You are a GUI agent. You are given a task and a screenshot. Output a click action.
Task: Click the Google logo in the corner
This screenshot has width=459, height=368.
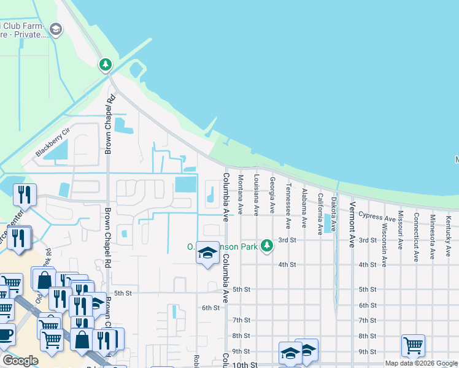click(20, 360)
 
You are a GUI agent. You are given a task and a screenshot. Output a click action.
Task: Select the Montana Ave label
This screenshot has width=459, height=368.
click(241, 194)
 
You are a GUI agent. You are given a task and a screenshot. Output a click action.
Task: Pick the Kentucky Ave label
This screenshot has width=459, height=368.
click(449, 229)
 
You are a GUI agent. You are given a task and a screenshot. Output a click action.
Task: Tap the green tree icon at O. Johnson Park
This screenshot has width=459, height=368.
click(266, 246)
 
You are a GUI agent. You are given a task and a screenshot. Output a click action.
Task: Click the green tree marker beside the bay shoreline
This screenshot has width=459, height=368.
click(106, 64)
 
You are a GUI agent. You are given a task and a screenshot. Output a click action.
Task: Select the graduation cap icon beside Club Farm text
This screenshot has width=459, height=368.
click(56, 29)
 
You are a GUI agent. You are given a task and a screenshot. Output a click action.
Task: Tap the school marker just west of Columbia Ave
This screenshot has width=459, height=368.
click(207, 253)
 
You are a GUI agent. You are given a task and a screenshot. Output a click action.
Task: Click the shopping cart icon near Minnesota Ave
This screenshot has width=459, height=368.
click(413, 345)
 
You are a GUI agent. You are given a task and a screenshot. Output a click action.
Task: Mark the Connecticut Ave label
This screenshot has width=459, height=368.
click(416, 237)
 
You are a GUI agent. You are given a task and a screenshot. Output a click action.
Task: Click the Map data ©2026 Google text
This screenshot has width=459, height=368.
click(421, 363)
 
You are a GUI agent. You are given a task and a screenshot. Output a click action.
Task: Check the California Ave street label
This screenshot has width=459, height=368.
click(320, 214)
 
